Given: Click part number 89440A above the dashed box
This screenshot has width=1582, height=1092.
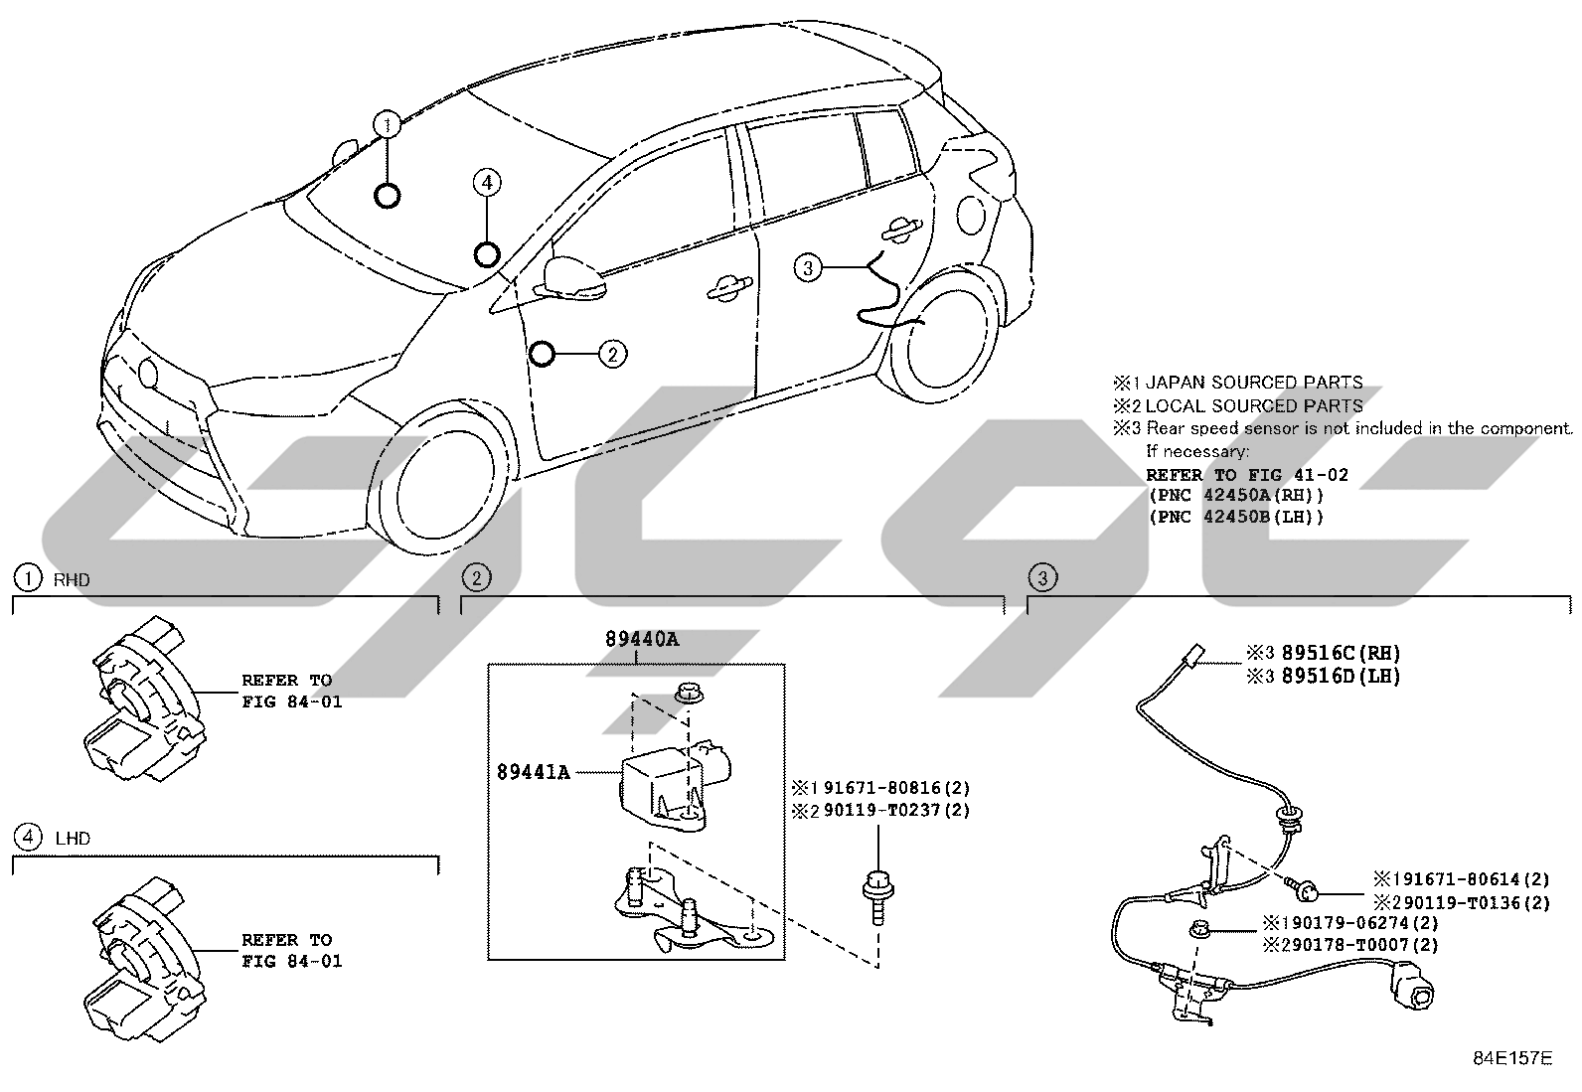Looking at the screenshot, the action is tap(641, 639).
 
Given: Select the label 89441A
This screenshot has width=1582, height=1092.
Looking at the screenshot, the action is tap(534, 773).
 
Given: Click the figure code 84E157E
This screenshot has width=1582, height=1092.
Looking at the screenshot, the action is tap(1512, 1057).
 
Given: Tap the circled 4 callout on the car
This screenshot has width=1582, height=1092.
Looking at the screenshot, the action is tap(487, 182).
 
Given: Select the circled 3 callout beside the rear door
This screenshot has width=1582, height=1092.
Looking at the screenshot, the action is tap(808, 267).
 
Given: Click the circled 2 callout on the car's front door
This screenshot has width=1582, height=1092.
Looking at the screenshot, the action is tap(612, 354).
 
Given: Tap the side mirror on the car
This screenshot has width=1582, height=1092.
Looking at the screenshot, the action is tap(573, 278).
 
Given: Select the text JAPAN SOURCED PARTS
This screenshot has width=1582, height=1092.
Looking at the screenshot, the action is tap(1254, 383).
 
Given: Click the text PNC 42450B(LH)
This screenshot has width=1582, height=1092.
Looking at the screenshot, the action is tap(1236, 517).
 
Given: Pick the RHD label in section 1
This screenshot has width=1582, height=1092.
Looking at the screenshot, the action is tap(72, 580).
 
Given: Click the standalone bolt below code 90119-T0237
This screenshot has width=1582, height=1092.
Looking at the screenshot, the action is tap(877, 896).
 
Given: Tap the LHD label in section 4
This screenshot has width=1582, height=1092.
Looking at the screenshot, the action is tap(73, 839).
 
